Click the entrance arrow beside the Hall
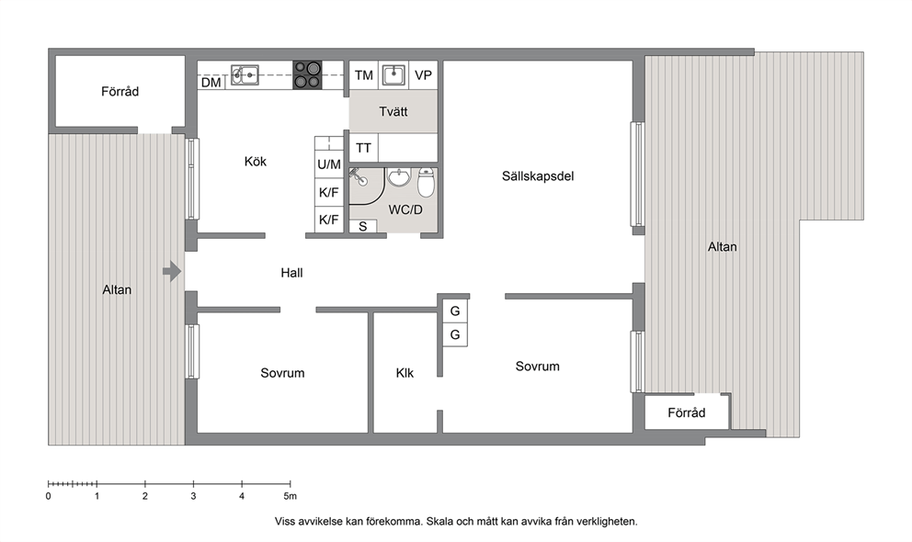tap(172, 271)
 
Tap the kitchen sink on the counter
tap(245, 75)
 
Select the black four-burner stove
tap(306, 75)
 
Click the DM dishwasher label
tap(211, 83)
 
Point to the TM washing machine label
tap(363, 75)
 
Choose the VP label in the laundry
tap(423, 75)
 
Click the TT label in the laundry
tap(363, 148)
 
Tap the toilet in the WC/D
tap(426, 183)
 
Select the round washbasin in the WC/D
tap(399, 178)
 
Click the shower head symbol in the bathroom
tap(359, 176)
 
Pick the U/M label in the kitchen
tap(328, 164)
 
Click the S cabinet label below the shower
tap(363, 227)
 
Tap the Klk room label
tap(405, 373)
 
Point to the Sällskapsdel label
tap(538, 176)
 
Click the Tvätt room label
tap(393, 111)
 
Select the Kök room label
tap(256, 162)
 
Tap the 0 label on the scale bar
tap(49, 496)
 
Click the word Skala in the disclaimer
tap(439, 522)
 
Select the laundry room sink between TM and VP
tap(393, 75)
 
